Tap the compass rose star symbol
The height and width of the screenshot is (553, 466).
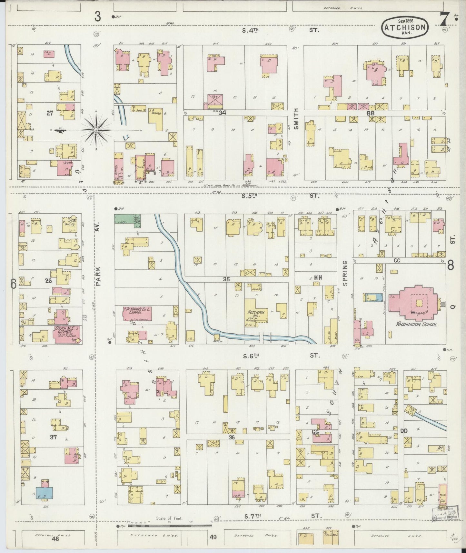point(96,130)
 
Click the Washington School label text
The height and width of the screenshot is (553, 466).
point(416,324)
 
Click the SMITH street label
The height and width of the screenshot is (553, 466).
point(296,119)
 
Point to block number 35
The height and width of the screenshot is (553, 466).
point(226,279)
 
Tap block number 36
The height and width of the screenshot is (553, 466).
point(231,437)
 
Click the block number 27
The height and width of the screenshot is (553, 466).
point(49,113)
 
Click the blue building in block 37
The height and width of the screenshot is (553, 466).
point(45,493)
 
